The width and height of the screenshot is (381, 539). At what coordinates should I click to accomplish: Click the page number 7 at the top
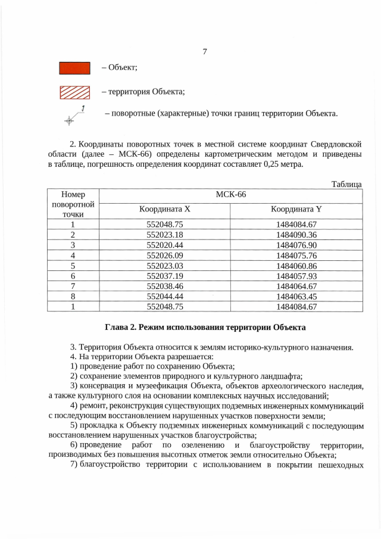point(204,52)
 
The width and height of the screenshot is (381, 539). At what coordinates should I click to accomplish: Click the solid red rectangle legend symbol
point(74,68)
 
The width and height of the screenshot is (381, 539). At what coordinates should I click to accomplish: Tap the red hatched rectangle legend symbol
point(74,92)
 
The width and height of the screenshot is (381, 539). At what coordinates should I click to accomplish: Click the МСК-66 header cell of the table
point(230,195)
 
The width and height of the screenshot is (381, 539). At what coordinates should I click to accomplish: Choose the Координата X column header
point(164,210)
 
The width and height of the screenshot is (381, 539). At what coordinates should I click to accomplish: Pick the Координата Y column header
point(296,210)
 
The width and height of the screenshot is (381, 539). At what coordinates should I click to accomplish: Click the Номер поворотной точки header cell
point(73,204)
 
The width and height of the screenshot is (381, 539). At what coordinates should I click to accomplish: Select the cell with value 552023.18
point(164,234)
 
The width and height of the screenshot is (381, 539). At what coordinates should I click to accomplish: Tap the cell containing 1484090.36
point(296,234)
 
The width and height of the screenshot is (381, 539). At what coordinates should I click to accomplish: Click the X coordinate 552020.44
point(164,245)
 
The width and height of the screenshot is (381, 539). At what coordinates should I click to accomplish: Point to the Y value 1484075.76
point(296,255)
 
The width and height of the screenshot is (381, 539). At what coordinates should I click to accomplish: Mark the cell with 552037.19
point(164,276)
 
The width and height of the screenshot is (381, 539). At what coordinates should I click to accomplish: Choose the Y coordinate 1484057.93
point(296,276)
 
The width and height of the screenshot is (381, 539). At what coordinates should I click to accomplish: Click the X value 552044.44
point(164,297)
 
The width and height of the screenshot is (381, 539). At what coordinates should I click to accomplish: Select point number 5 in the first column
point(73,266)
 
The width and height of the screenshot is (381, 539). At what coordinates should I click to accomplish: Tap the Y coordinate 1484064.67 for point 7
point(296,286)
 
